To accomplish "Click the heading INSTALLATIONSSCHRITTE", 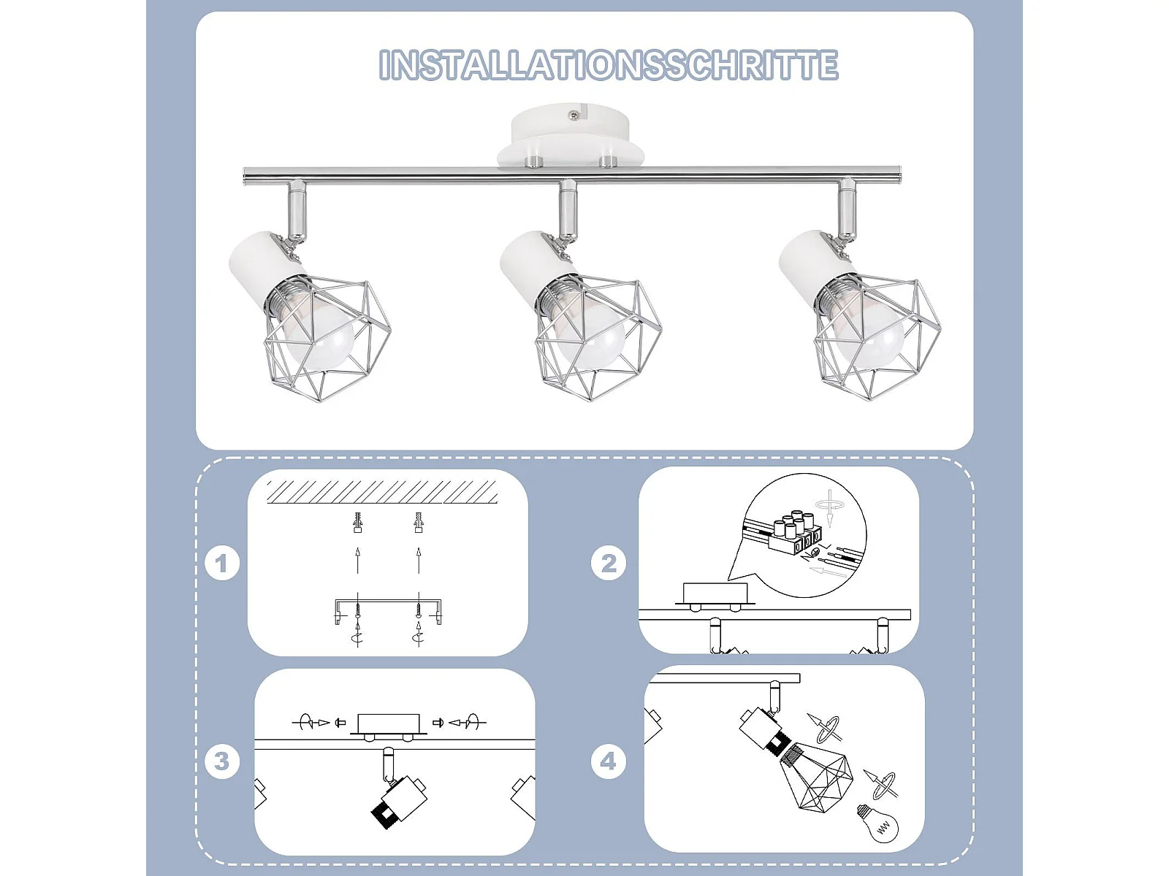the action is pos(608,65).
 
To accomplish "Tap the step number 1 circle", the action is pos(222,564).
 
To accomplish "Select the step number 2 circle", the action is pos(609,564).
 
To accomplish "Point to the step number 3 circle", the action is pos(222,761).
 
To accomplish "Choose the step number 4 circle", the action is pos(609,761).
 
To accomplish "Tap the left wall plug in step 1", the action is pos(357,523).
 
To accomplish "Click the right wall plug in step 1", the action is pos(418,523).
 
